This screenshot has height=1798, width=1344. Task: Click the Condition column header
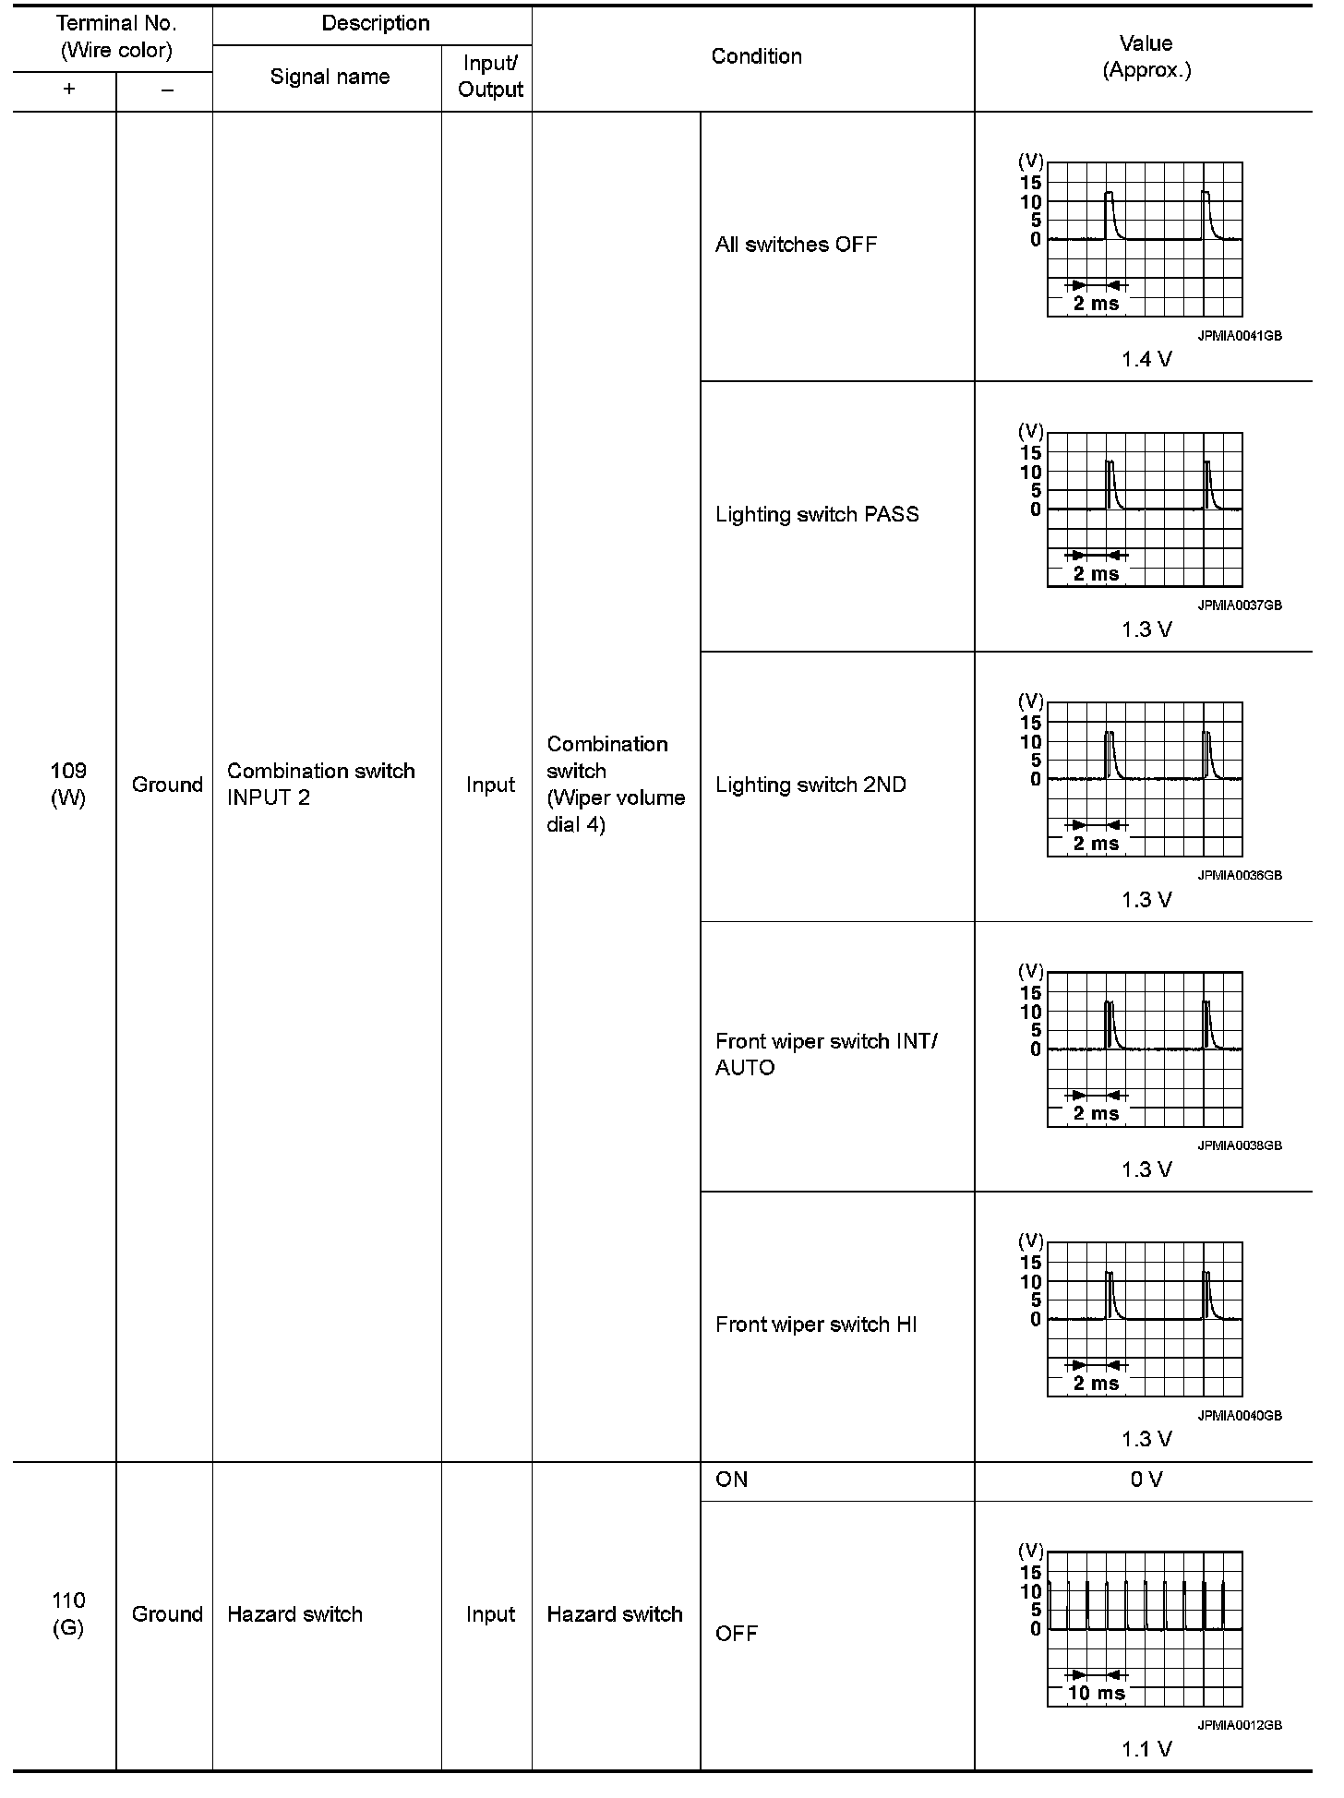(x=756, y=56)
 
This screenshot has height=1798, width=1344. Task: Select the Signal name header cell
(x=330, y=78)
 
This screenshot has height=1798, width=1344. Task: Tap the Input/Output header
(x=489, y=77)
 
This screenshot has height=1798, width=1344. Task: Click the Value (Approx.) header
(x=1146, y=56)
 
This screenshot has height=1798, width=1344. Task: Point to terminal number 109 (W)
(x=68, y=785)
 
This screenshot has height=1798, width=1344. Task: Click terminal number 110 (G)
(x=68, y=1613)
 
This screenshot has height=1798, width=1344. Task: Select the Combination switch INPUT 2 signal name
(x=320, y=785)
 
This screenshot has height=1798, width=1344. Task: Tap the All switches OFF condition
(x=796, y=245)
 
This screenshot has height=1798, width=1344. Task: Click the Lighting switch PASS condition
(x=817, y=515)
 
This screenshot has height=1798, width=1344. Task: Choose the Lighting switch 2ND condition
(x=810, y=785)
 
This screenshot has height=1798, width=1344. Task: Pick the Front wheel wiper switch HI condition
(x=816, y=1325)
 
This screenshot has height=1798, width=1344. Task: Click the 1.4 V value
(x=1146, y=360)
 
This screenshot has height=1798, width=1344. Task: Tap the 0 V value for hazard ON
(x=1146, y=1480)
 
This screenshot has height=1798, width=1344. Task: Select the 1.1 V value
(x=1146, y=1749)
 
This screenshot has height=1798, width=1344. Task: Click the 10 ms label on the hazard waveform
(x=1097, y=1693)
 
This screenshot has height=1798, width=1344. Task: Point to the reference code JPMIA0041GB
(x=1240, y=337)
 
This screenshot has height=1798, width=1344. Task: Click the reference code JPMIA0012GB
(x=1240, y=1725)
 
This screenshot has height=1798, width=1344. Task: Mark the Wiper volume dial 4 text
(x=616, y=811)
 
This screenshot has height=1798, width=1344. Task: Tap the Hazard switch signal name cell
(x=294, y=1614)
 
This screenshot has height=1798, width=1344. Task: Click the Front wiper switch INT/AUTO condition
(x=826, y=1054)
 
